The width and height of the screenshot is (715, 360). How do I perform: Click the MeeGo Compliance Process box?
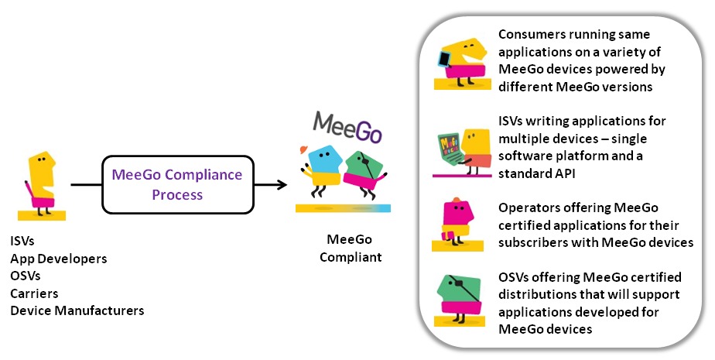(176, 184)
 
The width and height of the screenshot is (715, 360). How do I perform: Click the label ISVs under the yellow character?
(22, 242)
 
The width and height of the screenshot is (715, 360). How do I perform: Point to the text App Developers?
(58, 259)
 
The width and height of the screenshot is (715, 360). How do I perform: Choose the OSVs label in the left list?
(25, 276)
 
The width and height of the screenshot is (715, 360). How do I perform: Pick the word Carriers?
(34, 293)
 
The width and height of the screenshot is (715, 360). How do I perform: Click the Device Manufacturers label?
(77, 311)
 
